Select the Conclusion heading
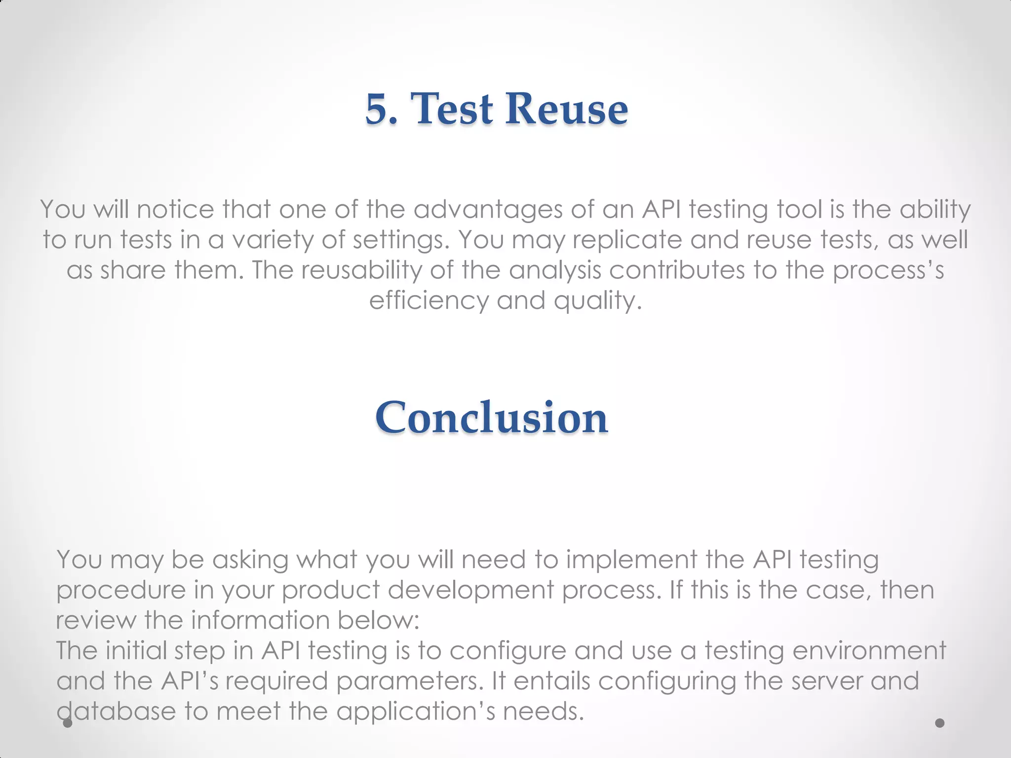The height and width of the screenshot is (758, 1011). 491,417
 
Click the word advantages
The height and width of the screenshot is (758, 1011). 488,210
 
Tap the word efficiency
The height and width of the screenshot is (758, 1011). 428,301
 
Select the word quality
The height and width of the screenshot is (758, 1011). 597,301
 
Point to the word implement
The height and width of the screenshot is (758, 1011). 631,560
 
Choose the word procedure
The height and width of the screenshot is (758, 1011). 120,591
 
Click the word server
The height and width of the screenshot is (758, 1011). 826,682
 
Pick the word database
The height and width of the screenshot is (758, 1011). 116,712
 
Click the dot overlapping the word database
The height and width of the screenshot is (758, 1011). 68,723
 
